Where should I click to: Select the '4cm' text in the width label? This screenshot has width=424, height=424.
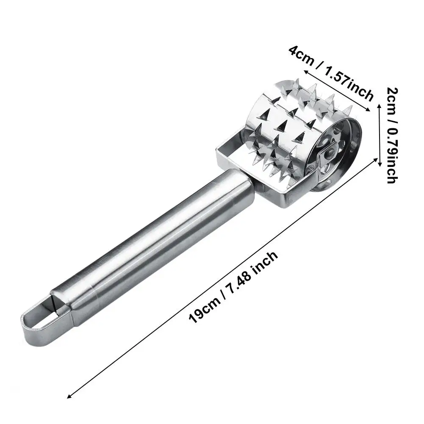(x=301, y=57)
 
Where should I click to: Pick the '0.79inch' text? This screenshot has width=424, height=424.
(x=392, y=157)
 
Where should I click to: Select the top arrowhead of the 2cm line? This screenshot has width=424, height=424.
(x=380, y=106)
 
